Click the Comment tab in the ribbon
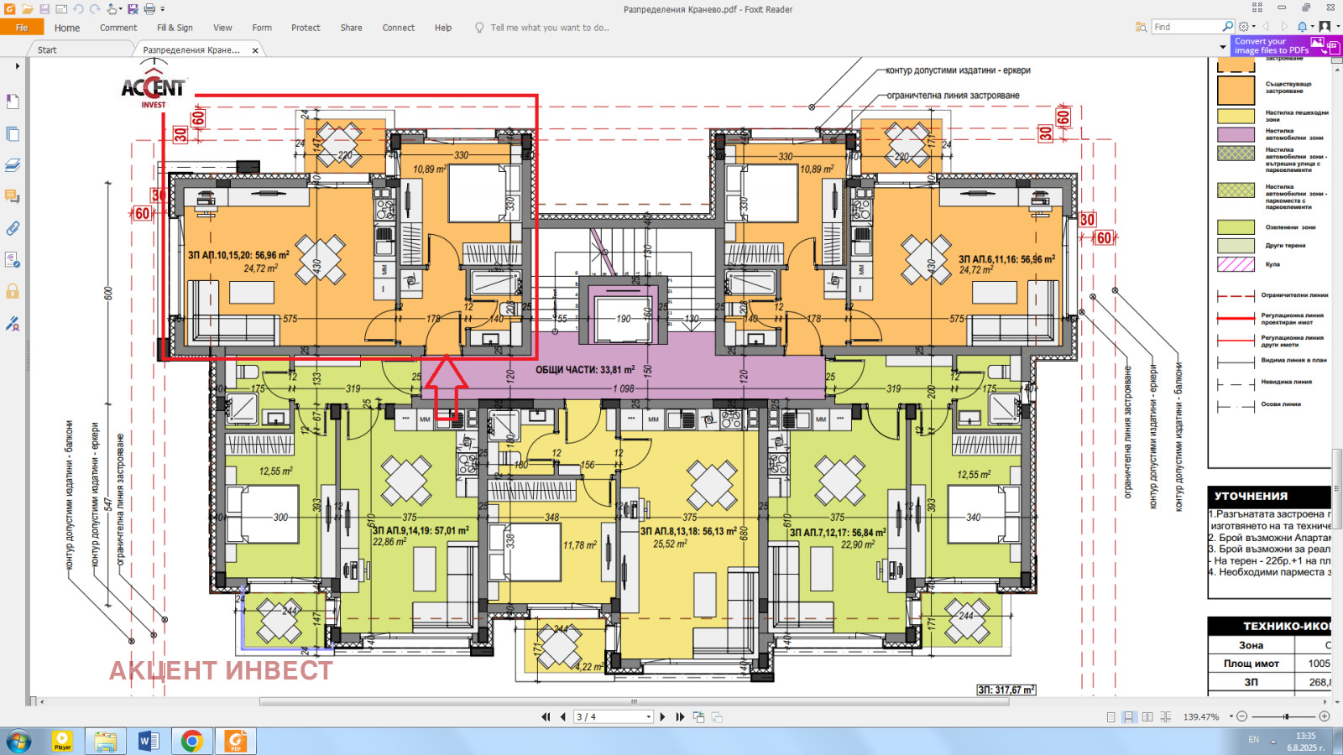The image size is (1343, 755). tap(118, 28)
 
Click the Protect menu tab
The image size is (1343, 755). tap(306, 28)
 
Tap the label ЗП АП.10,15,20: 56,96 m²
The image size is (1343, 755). tap(238, 255)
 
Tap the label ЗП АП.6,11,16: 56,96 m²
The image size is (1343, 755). tap(1006, 259)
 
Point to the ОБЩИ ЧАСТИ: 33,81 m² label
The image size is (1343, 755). tap(585, 369)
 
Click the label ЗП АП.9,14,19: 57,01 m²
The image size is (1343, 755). tap(421, 530)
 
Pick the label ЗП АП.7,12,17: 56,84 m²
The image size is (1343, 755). tap(838, 532)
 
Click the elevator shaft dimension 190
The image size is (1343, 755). tap(623, 319)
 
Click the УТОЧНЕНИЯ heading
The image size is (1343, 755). tap(1251, 496)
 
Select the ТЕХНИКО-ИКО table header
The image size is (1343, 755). tap(1284, 626)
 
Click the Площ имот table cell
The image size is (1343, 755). tap(1251, 664)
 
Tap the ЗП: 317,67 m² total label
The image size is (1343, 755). tap(1006, 690)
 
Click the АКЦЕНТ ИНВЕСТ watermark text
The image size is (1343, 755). tap(221, 670)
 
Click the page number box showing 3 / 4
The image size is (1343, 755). tap(613, 716)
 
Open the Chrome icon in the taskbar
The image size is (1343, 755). tap(191, 741)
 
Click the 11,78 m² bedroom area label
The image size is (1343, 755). tap(579, 545)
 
